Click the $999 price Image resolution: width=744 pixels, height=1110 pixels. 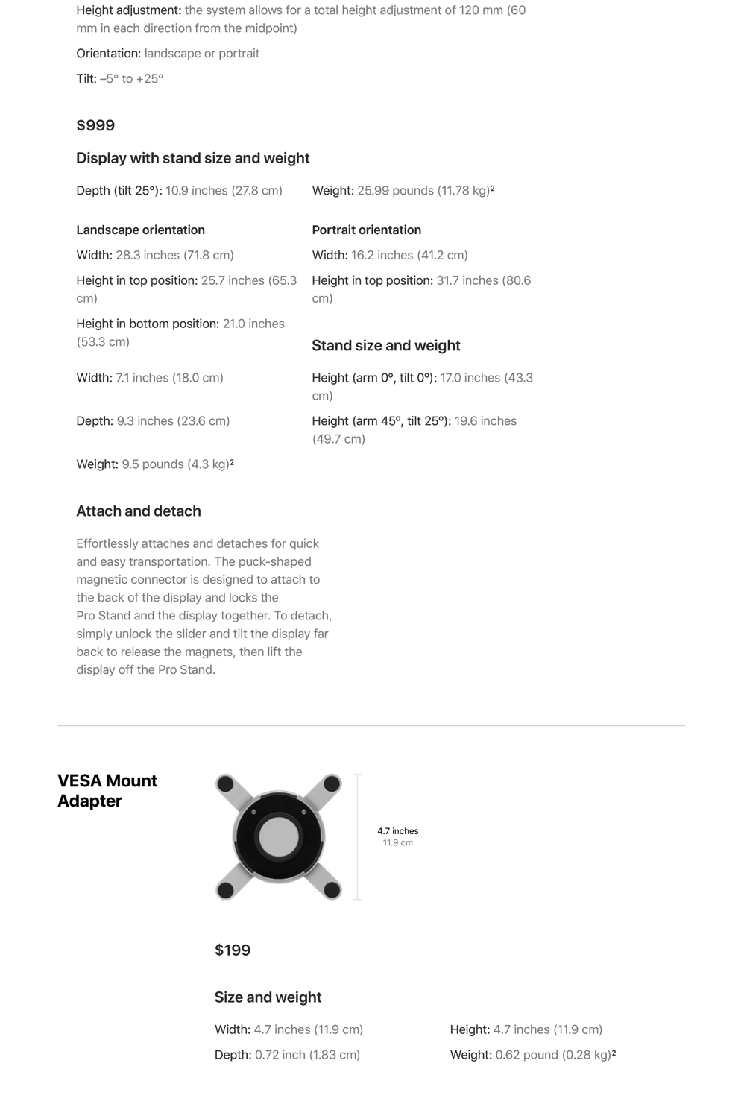pos(95,125)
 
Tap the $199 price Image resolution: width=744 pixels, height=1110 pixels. pos(233,950)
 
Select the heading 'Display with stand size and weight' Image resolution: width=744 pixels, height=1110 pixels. pos(192,158)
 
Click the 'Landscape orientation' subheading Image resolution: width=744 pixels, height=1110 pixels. pos(140,230)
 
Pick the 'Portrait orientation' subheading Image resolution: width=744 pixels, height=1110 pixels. pos(366,230)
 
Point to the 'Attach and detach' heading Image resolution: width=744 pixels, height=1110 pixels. pos(139,511)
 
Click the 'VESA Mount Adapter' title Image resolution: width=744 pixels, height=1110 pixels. pos(107,790)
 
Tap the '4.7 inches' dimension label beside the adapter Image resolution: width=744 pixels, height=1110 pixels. pos(397,830)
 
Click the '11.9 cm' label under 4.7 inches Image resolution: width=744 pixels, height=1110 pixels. pos(397,842)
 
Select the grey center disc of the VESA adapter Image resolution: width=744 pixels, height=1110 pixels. pos(278,836)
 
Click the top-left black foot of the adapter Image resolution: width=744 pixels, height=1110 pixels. pos(225,784)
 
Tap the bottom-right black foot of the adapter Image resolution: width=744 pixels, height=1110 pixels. pos(332,889)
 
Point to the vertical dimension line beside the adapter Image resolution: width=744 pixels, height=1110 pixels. pos(358,836)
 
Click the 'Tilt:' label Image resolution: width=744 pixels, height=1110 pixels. pos(86,78)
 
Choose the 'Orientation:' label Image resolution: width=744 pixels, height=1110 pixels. pos(108,54)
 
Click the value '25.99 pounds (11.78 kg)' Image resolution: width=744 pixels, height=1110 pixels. pos(423,191)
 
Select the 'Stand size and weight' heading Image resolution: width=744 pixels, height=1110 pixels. pos(385,345)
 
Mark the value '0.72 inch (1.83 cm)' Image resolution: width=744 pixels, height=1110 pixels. pos(307,1055)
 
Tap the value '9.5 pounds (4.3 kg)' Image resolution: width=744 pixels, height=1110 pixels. pos(176,464)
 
